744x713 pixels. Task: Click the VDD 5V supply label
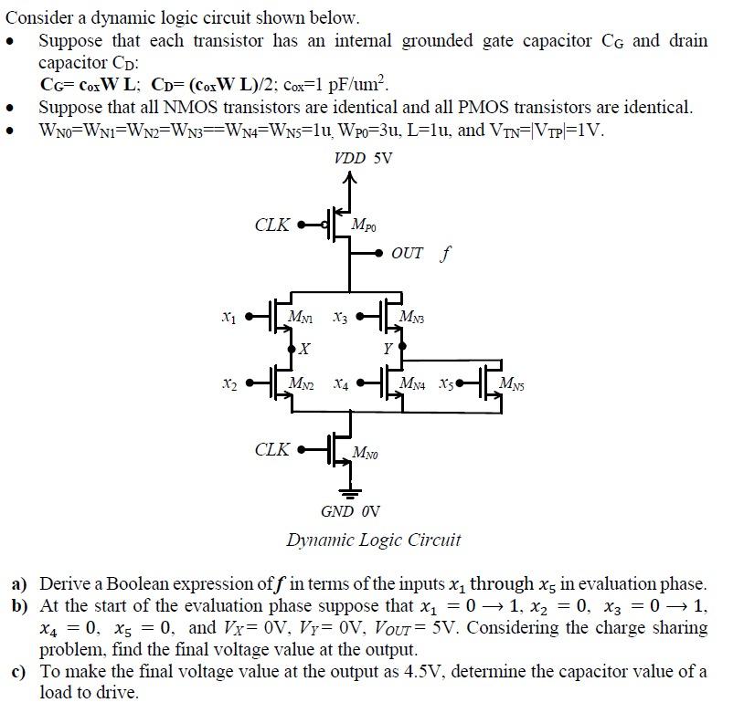click(x=363, y=158)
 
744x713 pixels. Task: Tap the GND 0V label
click(x=350, y=511)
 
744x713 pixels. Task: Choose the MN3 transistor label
click(x=412, y=317)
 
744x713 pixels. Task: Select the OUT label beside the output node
click(x=406, y=253)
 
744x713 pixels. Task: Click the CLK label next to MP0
click(x=272, y=224)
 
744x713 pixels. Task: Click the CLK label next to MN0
click(x=272, y=449)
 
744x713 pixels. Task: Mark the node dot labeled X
click(x=292, y=349)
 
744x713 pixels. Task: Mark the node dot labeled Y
click(x=402, y=348)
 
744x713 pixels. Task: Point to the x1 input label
click(x=228, y=318)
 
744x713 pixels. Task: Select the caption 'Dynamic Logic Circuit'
click(x=374, y=540)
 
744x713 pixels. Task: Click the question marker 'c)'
click(x=18, y=673)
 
